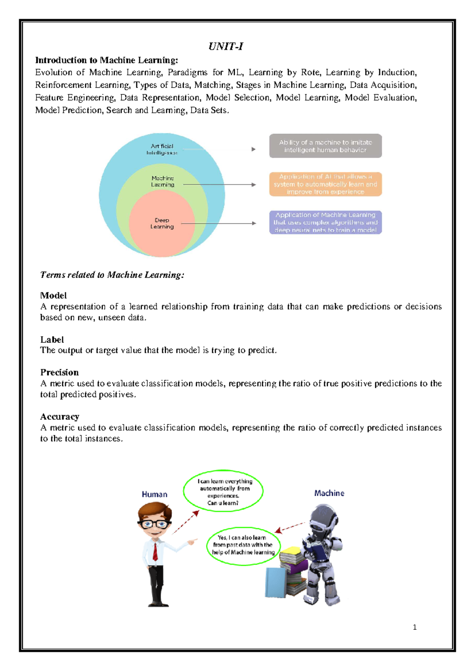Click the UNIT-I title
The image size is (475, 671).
(226, 47)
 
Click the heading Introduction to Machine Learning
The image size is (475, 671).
(106, 60)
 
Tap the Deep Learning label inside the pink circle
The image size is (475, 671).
(162, 223)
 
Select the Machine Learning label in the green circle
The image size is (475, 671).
(163, 181)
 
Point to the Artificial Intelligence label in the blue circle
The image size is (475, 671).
(162, 149)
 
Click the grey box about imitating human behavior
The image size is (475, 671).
(325, 146)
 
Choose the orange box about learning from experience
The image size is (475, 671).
(325, 184)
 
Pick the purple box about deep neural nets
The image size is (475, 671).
(325, 222)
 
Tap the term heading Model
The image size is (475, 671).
(53, 296)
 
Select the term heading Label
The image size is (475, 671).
(52, 339)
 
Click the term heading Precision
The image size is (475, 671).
(59, 372)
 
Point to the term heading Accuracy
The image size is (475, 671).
(60, 417)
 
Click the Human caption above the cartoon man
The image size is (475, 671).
(154, 495)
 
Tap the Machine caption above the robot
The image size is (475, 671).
(329, 493)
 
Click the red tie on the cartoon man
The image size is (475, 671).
(155, 552)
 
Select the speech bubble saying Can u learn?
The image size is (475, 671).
(223, 491)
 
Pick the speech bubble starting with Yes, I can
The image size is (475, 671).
(243, 545)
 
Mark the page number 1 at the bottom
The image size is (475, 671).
(414, 627)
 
